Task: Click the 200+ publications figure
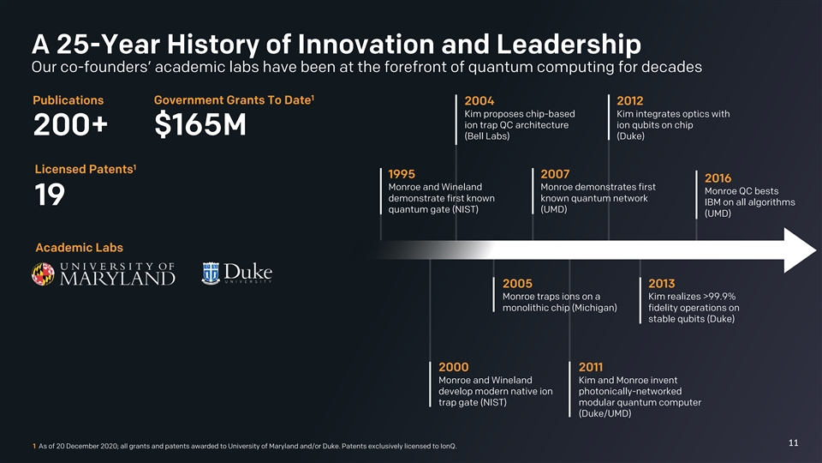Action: [x=71, y=126]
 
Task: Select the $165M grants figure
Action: [x=200, y=126]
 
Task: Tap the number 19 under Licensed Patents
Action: [x=51, y=195]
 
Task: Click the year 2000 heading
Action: [x=453, y=368]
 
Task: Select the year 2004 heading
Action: [x=479, y=101]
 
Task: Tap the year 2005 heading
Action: [x=517, y=284]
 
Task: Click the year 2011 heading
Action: [x=593, y=368]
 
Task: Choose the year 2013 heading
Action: [x=662, y=284]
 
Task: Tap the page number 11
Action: [x=793, y=442]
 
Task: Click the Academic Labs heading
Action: [x=79, y=248]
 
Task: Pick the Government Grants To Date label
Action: [x=231, y=100]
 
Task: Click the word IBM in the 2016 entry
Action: [x=715, y=202]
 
